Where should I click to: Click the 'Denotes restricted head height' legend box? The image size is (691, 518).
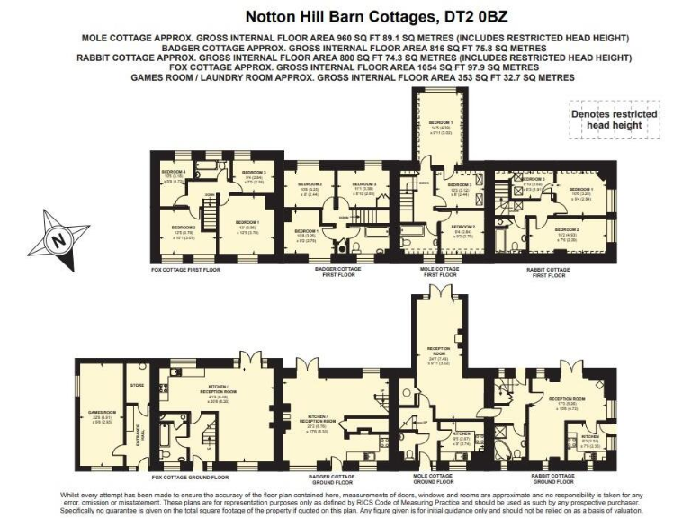(615, 121)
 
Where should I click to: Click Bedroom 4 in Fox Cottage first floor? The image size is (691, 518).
(173, 174)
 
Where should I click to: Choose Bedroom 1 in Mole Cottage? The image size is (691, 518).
(440, 126)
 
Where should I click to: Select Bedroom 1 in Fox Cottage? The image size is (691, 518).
(247, 225)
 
